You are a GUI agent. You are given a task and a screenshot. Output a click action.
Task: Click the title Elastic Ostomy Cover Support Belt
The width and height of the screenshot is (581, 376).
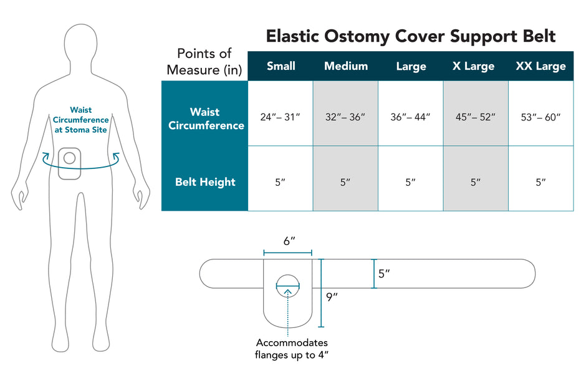pos(411,36)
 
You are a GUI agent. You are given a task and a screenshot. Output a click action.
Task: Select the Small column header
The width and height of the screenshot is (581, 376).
pos(281,66)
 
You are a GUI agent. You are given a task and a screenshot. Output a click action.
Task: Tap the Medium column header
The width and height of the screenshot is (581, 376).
pos(346,66)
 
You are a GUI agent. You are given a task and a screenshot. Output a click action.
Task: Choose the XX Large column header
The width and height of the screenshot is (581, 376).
pos(540,66)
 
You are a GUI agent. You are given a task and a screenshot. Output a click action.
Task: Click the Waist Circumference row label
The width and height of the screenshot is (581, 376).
pos(205,118)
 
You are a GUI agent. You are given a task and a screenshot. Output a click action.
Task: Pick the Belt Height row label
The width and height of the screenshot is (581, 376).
pos(205,182)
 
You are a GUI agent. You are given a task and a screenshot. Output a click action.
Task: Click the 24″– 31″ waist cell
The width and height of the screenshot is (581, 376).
pos(281,117)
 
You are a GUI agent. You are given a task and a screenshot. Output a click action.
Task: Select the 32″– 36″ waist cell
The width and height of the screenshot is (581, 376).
pos(345,117)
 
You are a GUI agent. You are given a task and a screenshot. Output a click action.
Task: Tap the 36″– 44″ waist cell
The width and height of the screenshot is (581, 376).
pos(410,117)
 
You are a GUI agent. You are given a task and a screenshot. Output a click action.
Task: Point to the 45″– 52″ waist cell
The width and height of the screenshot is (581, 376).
pos(476,117)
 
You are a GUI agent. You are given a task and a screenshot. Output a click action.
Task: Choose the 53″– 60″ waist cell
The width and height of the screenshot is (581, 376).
pos(540,117)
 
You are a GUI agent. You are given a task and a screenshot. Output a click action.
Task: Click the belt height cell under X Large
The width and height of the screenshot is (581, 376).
pos(476,182)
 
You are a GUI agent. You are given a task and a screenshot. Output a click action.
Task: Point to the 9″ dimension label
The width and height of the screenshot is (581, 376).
pos(332,297)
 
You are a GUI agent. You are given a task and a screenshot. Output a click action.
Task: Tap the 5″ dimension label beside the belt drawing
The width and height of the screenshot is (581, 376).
pos(385,273)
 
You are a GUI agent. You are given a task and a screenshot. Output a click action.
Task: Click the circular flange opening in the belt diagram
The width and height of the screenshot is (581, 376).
pos(287,287)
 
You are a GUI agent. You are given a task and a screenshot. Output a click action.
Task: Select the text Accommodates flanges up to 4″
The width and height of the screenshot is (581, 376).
pos(291,349)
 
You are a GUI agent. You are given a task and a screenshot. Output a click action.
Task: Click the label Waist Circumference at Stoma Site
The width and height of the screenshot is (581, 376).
pos(80,120)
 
